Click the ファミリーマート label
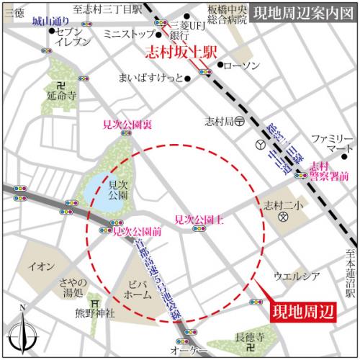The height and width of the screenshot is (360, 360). (x=328, y=143)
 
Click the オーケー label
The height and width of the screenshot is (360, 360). (x=189, y=348)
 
